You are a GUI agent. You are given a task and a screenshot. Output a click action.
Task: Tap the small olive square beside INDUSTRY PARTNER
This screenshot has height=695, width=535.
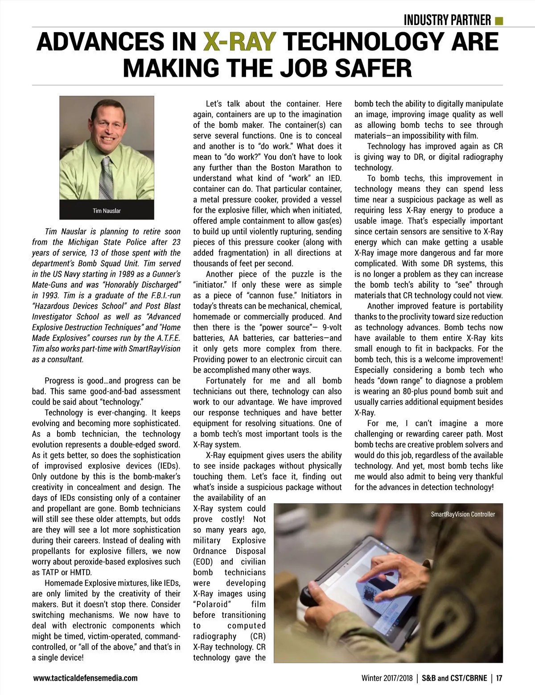coord(499,21)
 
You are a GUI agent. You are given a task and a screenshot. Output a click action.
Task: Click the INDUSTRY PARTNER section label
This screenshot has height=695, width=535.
coord(447,21)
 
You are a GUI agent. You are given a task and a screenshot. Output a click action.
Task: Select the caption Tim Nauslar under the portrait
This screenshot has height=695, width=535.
coord(107,211)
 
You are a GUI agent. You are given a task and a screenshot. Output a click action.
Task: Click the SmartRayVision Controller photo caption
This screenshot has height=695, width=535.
coord(463,514)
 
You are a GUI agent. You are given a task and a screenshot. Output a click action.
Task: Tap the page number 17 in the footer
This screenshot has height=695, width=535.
coord(499,678)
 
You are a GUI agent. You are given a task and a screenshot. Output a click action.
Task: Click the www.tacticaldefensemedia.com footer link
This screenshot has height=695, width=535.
coord(85,678)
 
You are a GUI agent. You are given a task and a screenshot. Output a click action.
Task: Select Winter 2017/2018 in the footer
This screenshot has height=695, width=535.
coord(387,678)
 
